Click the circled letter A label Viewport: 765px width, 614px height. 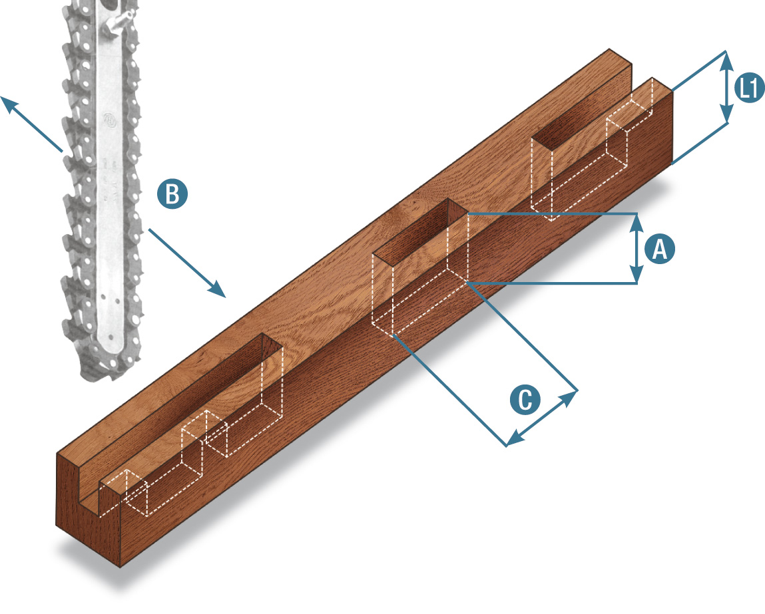point(660,249)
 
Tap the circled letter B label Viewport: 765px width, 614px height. point(172,194)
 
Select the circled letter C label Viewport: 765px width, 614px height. point(525,400)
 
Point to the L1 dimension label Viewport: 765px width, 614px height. point(750,88)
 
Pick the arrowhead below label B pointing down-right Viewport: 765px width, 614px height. point(216,289)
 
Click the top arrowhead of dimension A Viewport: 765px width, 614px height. point(637,223)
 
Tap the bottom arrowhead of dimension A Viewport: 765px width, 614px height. point(637,274)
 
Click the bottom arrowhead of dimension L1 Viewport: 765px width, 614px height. point(726,114)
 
